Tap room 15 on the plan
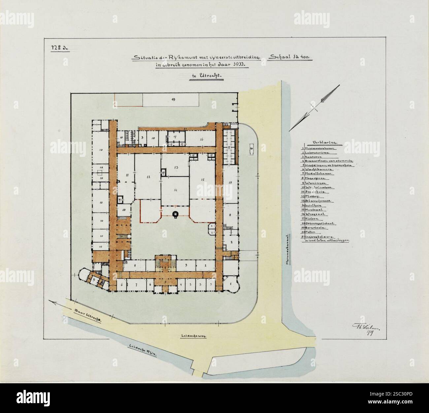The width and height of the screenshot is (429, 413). (x=203, y=179)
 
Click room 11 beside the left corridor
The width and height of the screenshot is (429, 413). (x=126, y=174)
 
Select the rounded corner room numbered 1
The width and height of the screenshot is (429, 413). (x=231, y=284)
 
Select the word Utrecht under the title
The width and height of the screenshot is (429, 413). (x=211, y=76)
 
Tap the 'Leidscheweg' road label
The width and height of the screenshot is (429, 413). (x=193, y=336)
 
